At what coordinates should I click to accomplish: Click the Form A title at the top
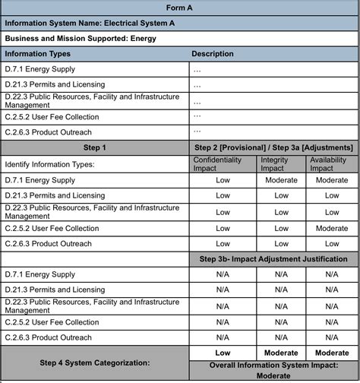[180, 7]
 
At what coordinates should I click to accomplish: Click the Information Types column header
[38, 54]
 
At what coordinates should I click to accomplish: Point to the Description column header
[213, 54]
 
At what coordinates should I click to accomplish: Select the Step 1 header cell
[94, 147]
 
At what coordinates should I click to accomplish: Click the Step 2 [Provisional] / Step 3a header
[273, 147]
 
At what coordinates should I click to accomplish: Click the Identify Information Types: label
[50, 164]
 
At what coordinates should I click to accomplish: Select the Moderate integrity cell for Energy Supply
[281, 181]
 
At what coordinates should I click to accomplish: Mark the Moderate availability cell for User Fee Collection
[332, 228]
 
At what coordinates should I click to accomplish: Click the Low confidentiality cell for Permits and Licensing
[223, 196]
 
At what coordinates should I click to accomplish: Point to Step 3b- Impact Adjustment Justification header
[273, 259]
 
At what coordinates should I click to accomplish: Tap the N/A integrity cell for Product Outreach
[281, 337]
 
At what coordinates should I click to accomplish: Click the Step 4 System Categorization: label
[94, 363]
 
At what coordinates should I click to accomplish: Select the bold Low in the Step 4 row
[223, 353]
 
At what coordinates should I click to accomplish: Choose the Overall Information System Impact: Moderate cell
[273, 370]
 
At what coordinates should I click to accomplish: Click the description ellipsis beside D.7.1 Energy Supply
[197, 69]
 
